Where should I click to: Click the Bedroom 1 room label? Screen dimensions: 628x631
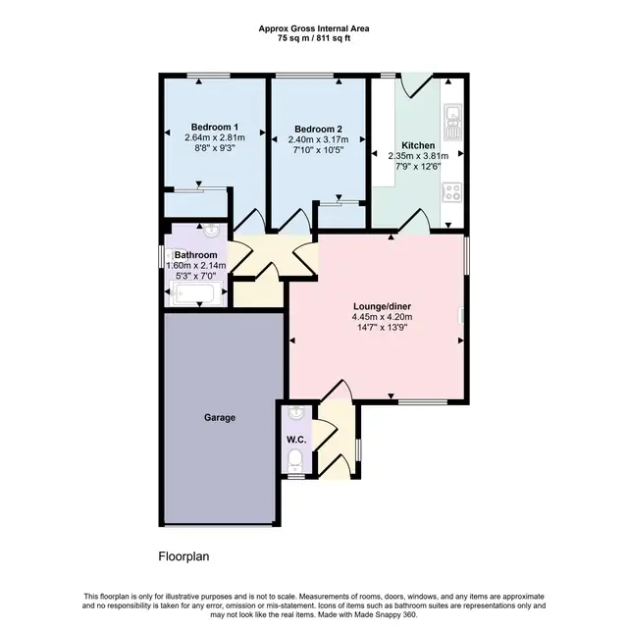tap(215, 128)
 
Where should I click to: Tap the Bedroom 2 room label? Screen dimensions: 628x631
tap(318, 130)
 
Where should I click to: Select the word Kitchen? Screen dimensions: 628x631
tap(418, 145)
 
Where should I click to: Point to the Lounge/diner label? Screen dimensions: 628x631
tap(382, 306)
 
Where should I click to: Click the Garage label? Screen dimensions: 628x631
tap(220, 418)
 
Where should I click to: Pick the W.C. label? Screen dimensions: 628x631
tap(296, 440)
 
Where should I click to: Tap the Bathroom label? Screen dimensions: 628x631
tap(196, 255)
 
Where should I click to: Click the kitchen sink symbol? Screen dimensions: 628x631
tap(453, 121)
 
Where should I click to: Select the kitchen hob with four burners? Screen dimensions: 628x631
tap(453, 192)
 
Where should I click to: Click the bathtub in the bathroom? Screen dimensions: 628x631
tap(196, 292)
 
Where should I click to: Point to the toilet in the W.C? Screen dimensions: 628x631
tap(295, 460)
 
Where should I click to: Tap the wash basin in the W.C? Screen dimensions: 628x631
tap(296, 412)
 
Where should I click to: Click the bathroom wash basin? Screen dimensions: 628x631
tap(211, 231)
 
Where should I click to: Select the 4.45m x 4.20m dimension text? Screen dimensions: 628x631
tap(382, 317)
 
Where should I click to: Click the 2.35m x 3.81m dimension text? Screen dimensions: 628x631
tap(418, 156)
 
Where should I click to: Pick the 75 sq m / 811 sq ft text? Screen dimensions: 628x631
tap(314, 38)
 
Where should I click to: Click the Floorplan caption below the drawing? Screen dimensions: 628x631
tap(183, 556)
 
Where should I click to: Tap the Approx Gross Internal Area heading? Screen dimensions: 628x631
tap(314, 29)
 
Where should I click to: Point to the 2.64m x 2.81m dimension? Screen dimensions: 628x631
tap(215, 137)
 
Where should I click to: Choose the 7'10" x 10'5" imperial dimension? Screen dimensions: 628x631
tap(318, 150)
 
